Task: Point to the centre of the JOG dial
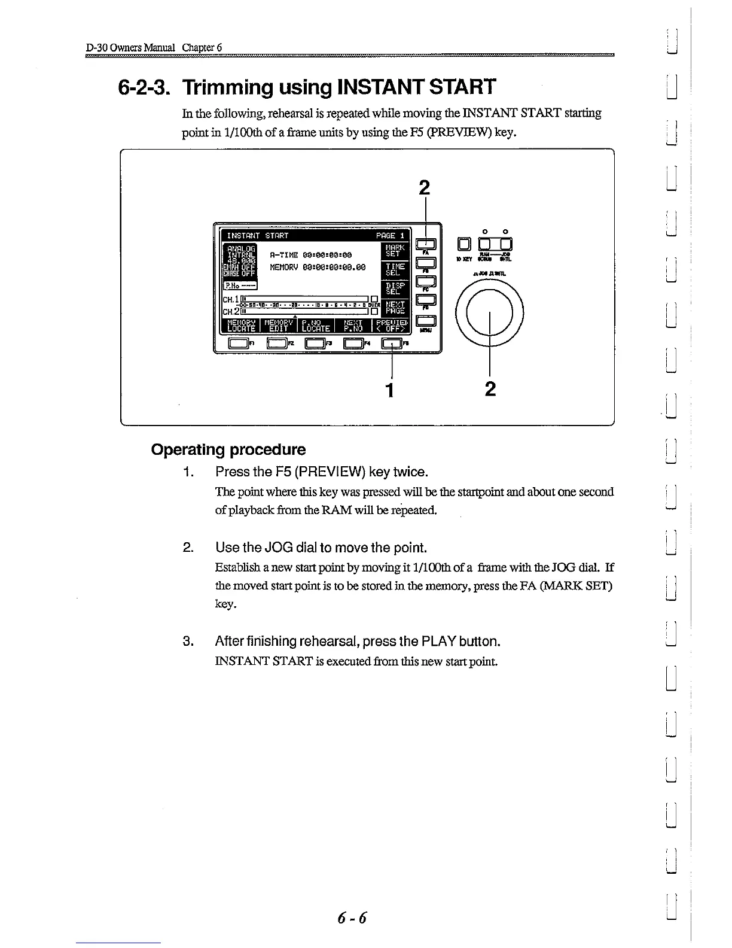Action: tap(489, 311)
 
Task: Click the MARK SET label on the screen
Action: tap(394, 250)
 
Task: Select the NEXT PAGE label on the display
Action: tap(394, 308)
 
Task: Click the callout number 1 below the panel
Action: tap(390, 390)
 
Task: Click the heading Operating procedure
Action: tap(228, 449)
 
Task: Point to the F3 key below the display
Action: tap(314, 343)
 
